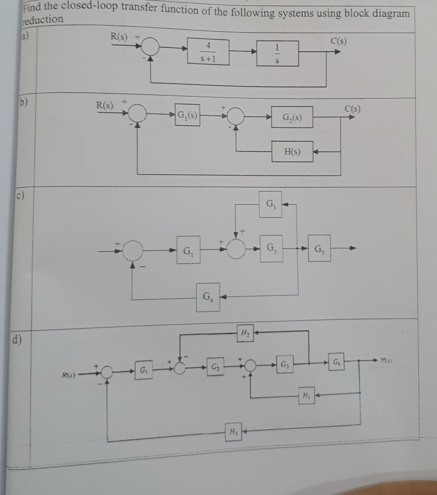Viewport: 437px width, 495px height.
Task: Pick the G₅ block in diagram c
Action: tap(270, 205)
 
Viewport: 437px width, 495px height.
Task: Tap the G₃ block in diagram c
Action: tap(319, 249)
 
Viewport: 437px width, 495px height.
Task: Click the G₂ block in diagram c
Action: tap(271, 247)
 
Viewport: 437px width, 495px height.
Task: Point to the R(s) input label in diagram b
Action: tap(106, 106)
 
